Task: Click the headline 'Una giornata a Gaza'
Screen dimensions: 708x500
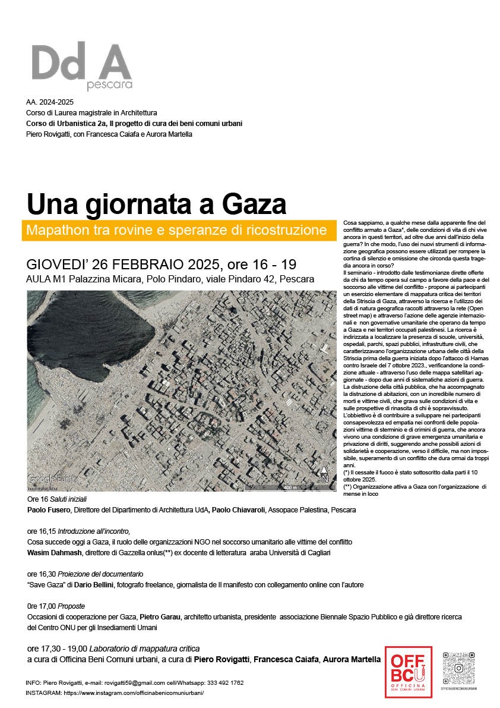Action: click(x=157, y=204)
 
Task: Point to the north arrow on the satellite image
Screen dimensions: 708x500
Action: click(x=324, y=474)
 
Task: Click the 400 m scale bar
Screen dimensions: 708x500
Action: click(x=290, y=487)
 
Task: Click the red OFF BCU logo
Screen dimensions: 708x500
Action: click(x=408, y=671)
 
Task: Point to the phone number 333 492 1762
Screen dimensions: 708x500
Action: click(x=219, y=683)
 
